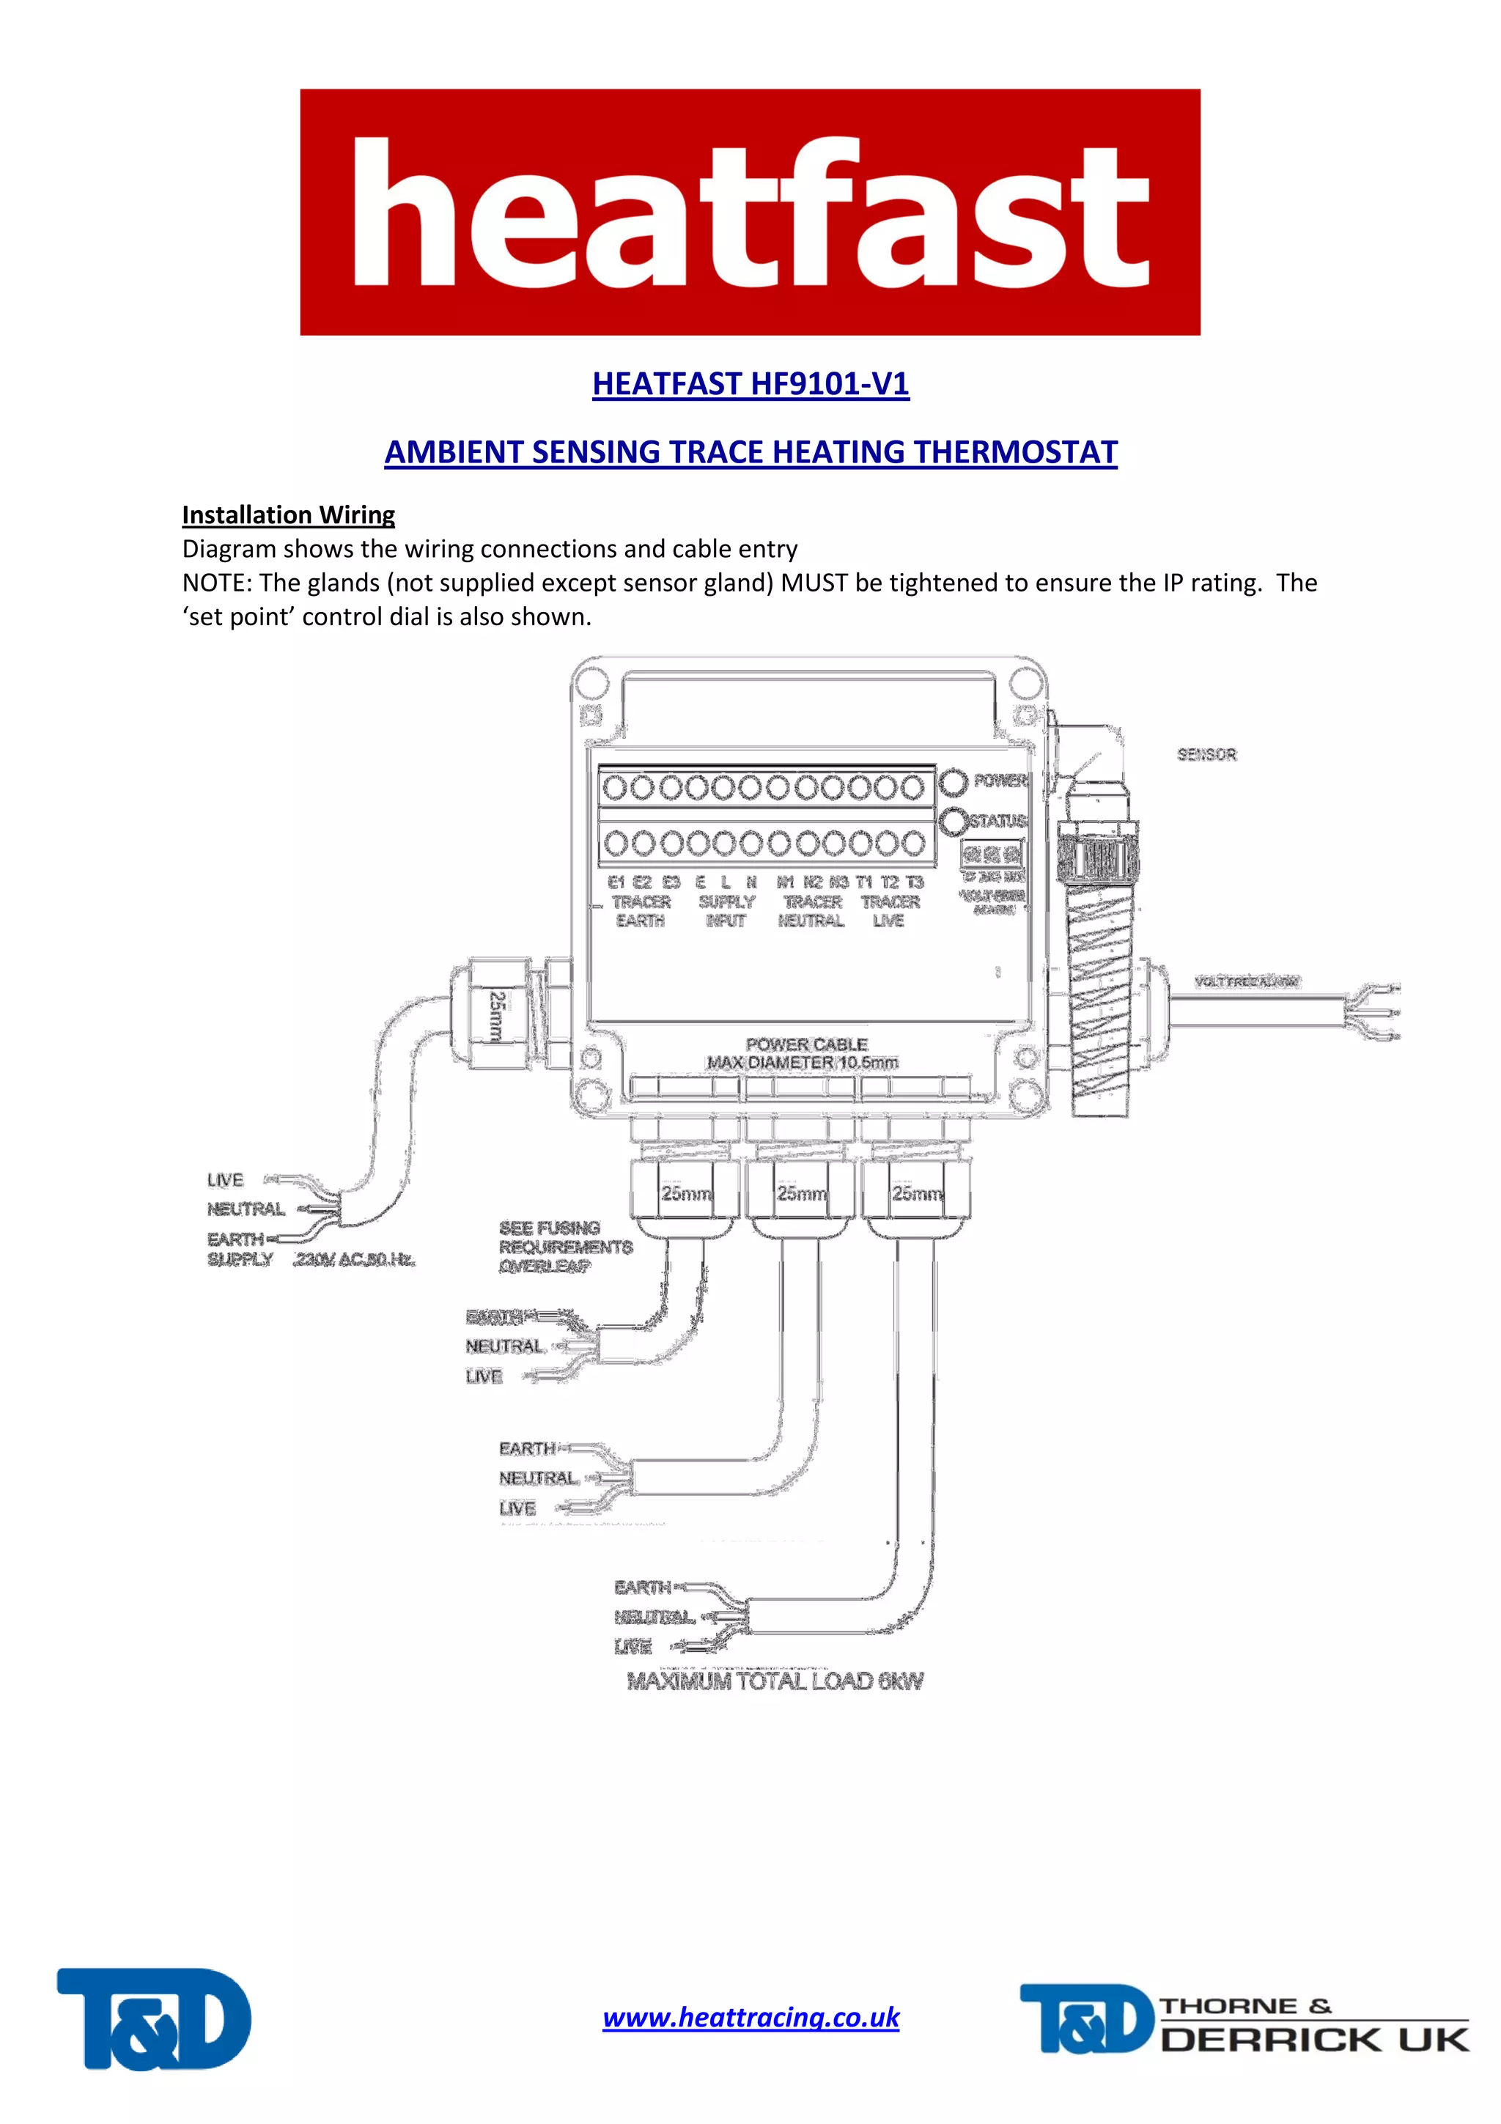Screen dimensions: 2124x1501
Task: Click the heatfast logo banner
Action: tap(750, 212)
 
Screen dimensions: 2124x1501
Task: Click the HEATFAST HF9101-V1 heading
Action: tap(750, 383)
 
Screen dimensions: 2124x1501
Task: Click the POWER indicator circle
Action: tap(953, 782)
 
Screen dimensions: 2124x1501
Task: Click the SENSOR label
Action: tap(1206, 755)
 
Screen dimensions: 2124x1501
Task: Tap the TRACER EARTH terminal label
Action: tap(640, 910)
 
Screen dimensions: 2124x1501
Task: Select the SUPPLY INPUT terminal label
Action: tap(726, 910)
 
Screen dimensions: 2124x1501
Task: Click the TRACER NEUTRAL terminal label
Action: tap(811, 910)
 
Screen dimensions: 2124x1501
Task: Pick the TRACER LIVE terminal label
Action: tap(890, 910)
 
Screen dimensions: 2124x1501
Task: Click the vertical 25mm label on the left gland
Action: tap(497, 1016)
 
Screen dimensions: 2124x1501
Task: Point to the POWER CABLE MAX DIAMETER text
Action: tap(803, 1052)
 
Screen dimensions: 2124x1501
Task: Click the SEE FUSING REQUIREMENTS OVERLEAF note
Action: tap(564, 1246)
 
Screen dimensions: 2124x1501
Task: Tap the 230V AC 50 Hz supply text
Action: tap(354, 1259)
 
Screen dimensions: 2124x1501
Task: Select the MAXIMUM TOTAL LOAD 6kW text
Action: tap(775, 1681)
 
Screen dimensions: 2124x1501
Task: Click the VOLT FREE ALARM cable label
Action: tap(1246, 981)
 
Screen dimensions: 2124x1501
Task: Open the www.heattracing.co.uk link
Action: tap(750, 2017)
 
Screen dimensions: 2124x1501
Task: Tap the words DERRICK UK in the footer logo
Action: tap(1313, 2040)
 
